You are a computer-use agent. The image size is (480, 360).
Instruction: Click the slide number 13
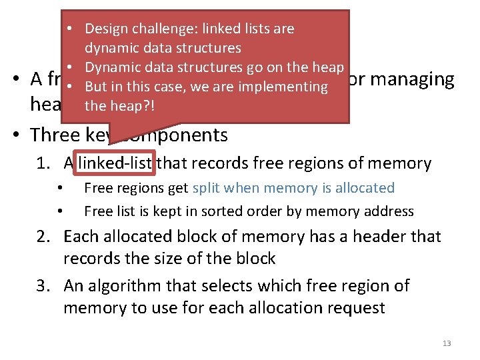click(x=446, y=343)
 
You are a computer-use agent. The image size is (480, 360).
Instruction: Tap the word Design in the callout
click(x=107, y=29)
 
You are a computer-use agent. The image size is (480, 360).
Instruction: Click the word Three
click(x=57, y=135)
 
